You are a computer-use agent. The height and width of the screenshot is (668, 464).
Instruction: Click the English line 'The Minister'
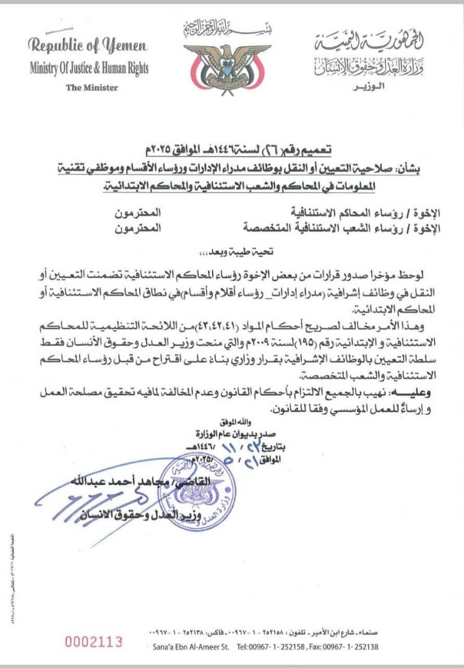pos(92,87)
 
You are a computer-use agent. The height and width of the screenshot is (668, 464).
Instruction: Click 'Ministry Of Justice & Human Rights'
pos(88,68)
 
